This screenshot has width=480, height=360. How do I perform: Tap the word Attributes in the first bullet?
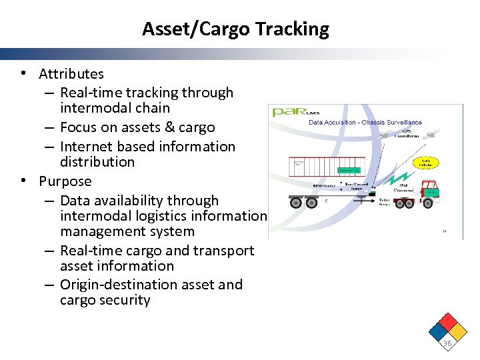71,74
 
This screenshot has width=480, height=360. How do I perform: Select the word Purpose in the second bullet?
65,181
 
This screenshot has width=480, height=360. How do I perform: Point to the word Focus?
79,127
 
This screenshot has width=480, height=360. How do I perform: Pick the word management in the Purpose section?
103,231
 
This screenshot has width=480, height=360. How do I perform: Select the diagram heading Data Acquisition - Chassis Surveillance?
365,123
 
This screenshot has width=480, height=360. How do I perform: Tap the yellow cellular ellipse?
425,163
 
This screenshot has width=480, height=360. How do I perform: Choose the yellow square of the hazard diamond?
457,331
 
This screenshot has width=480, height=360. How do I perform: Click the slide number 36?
447,343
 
